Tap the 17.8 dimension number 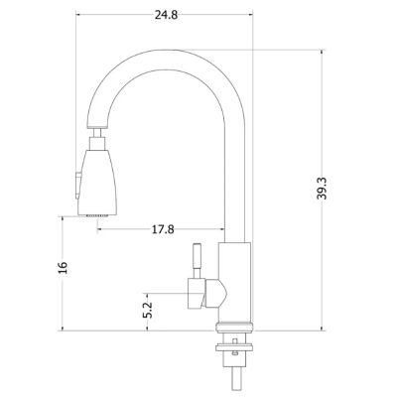pyautogui.click(x=165, y=229)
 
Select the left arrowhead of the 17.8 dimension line pyautogui.click(x=100, y=229)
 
